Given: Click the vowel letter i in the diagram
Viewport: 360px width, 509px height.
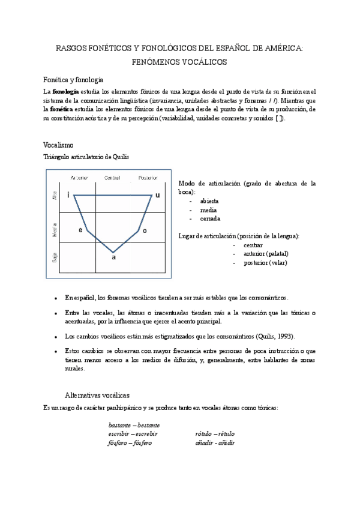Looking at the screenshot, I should coord(68,195).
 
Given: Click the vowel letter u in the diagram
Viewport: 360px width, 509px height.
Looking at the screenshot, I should coord(158,195).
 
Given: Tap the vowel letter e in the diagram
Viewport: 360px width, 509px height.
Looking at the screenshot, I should coord(80,230).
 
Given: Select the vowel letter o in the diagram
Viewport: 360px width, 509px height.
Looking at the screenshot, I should coord(145,230).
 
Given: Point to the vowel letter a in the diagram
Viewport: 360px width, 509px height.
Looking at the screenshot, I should coord(113,258).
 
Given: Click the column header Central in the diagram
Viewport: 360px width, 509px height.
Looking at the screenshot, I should coord(112,178).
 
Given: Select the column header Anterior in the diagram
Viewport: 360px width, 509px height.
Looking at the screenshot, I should coord(79,178).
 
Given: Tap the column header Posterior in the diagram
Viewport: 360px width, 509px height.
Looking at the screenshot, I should coord(148,178).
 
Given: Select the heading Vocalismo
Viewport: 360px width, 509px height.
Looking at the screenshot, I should coord(59,145).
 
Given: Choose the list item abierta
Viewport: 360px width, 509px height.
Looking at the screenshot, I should coord(209,200).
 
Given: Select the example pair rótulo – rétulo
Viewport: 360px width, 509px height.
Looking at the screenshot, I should coord(214,433).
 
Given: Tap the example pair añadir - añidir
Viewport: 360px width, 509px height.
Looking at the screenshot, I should coord(214,442).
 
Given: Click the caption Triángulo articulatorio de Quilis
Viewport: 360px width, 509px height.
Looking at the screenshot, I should coord(86,157).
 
